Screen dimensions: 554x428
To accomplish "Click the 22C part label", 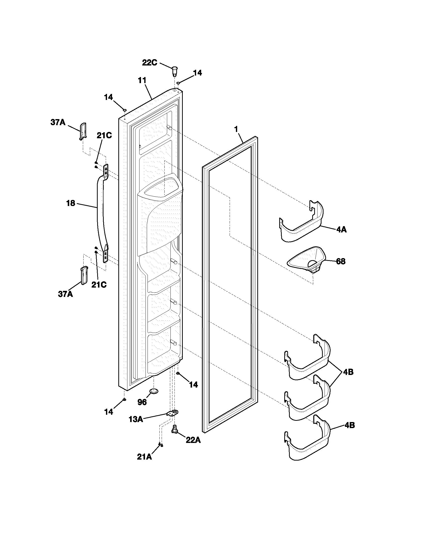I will coord(149,62).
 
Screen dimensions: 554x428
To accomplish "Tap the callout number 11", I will coord(142,80).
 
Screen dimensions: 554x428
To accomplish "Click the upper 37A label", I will coord(58,122).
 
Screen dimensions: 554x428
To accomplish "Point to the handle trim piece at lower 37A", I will coord(84,275).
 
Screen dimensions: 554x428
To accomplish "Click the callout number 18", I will coord(70,203).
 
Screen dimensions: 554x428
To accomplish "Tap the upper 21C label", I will coord(104,135).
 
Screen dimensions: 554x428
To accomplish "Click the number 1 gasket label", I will coord(236,129).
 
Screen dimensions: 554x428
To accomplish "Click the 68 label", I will coord(341,261).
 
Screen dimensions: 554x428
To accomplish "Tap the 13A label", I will coord(136,419).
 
